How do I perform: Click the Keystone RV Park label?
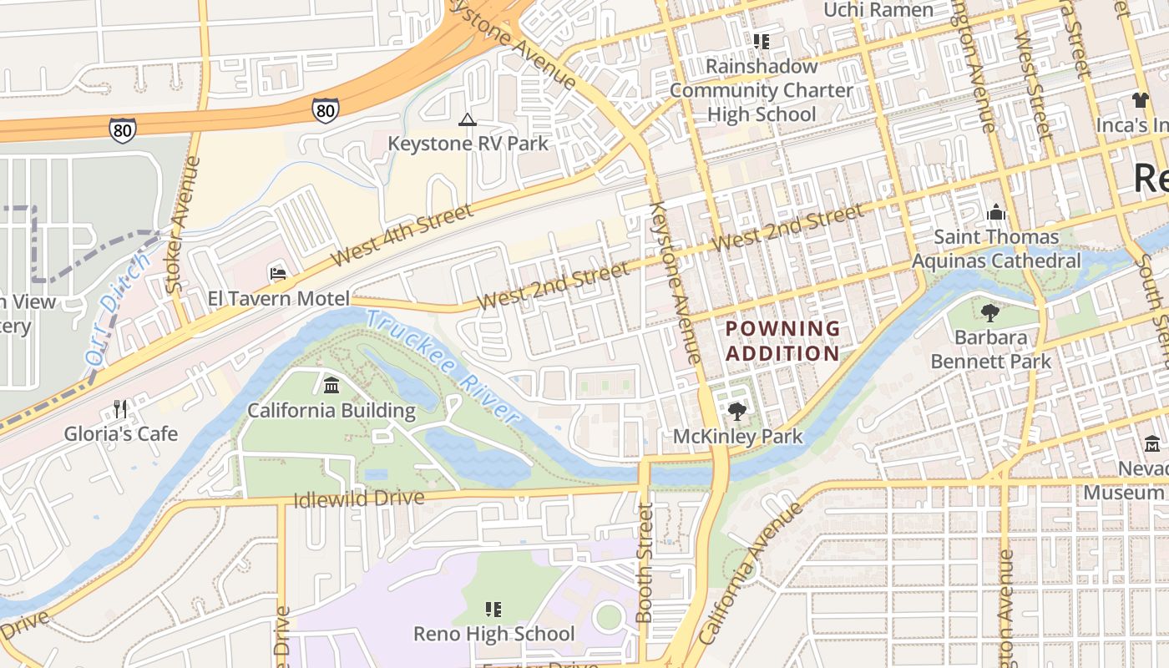pos(468,143)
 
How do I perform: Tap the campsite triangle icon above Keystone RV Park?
pos(467,120)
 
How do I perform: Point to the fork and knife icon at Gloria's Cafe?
pos(120,409)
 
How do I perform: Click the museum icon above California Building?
pos(331,386)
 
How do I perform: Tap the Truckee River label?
pos(443,364)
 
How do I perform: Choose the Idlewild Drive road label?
pos(359,498)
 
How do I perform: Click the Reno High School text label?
pos(493,634)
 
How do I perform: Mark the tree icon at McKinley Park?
pos(736,411)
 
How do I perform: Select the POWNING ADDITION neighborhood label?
pos(782,341)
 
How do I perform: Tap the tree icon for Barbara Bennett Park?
pos(990,314)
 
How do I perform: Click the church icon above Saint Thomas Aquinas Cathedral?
pos(995,213)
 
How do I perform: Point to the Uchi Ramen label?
pos(878,10)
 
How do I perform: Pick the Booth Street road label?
pos(643,562)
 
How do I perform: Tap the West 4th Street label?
pos(402,235)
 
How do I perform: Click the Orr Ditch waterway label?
pos(118,309)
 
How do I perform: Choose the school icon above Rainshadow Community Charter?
pos(761,41)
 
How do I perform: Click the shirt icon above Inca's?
pos(1141,100)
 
